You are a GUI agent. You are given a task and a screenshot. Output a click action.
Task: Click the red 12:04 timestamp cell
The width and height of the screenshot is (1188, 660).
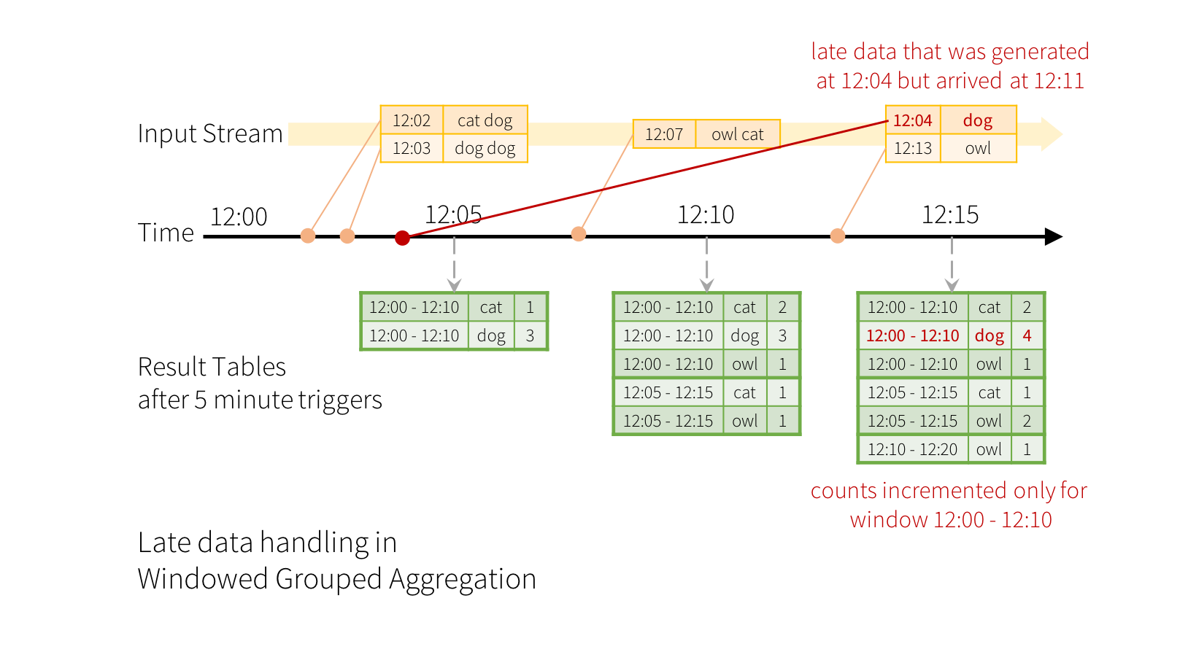[912, 120]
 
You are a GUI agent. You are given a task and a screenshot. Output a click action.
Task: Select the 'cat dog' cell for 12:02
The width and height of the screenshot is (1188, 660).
[485, 120]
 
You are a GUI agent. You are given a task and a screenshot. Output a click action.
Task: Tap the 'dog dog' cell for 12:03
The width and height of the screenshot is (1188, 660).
[485, 149]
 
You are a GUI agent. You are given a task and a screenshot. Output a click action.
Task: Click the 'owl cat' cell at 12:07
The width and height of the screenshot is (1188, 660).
[737, 134]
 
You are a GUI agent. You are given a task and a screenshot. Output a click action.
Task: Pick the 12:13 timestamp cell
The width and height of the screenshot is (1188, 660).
[912, 149]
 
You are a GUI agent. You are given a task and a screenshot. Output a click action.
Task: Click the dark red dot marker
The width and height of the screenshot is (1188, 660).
[402, 238]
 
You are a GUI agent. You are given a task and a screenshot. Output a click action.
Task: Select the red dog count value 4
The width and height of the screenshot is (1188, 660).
[1027, 335]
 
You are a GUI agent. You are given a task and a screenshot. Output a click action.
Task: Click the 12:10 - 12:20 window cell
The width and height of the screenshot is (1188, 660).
[912, 449]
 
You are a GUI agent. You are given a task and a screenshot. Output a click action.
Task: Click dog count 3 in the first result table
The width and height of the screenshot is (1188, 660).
[530, 335]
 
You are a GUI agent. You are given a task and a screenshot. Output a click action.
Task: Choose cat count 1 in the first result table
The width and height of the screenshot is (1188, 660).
[530, 307]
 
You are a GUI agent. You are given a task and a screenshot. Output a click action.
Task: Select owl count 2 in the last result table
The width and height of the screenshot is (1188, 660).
[1027, 421]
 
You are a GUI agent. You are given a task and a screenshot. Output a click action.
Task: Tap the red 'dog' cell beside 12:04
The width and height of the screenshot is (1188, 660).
[978, 120]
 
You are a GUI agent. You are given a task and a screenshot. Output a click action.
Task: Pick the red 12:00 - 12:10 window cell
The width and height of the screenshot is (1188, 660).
[912, 335]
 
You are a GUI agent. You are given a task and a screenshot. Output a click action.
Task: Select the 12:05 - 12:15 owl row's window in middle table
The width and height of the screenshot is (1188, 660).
[668, 421]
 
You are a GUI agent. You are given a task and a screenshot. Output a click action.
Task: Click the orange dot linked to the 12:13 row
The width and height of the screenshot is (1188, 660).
[838, 236]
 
